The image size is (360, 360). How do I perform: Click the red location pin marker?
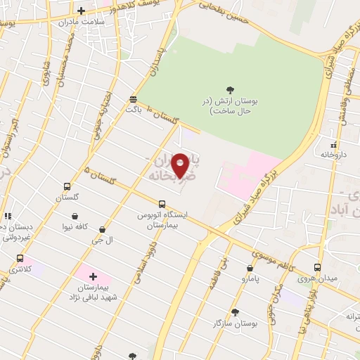[x=181, y=165]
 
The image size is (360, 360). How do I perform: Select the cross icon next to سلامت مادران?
[x=82, y=11]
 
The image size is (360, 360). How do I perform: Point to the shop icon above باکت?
[x=134, y=98]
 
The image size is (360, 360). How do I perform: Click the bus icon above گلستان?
[x=67, y=187]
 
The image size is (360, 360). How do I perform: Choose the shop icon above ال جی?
[x=103, y=229]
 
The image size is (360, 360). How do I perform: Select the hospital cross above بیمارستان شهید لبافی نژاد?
[x=93, y=276]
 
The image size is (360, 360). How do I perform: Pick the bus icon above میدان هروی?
[x=317, y=267]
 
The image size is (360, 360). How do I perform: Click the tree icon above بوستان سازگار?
[x=234, y=311]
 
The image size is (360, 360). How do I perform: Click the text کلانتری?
[x=20, y=270]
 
